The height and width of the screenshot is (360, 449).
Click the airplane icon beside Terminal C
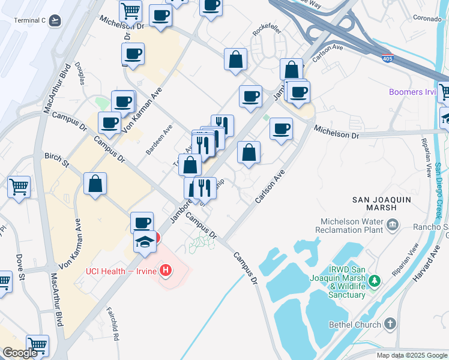point(55,20)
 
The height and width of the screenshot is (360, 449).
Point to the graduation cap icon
point(145,241)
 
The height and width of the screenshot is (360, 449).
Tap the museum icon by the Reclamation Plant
point(393,225)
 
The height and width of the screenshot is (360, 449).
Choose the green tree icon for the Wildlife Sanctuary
point(375,280)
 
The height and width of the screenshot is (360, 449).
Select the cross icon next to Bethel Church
point(390,325)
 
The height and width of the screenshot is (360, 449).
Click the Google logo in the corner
point(20,353)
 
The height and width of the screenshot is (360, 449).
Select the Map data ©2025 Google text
point(411,355)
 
